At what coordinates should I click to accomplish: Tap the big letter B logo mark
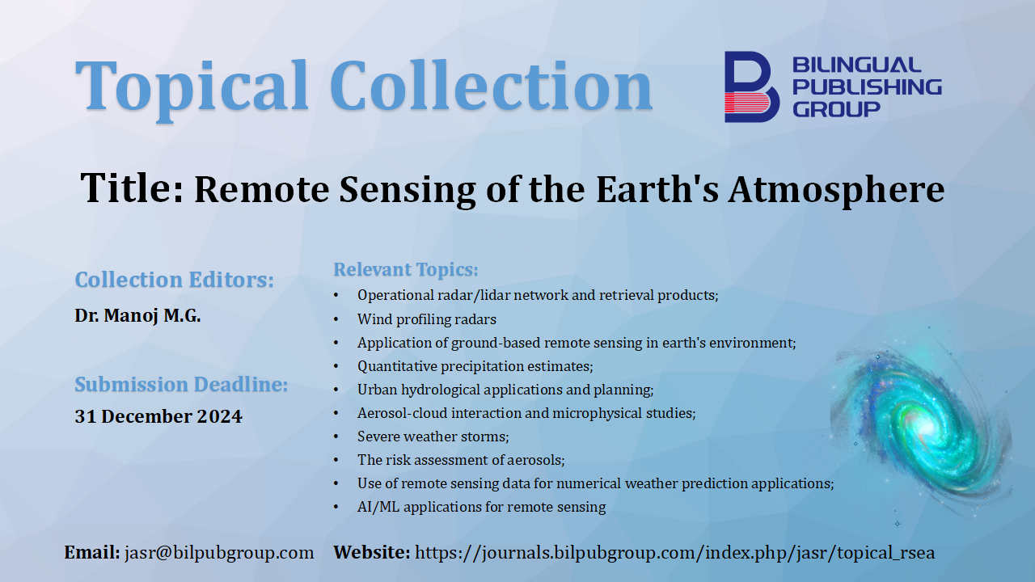[751, 86]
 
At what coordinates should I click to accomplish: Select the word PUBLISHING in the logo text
[868, 86]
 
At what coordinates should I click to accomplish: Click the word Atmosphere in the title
[836, 189]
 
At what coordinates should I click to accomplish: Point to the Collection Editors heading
[175, 280]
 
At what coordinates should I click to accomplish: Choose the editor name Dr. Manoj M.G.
[137, 315]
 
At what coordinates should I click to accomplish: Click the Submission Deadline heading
[181, 384]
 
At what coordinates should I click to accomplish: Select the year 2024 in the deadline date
[219, 416]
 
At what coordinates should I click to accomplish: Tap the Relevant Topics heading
[406, 269]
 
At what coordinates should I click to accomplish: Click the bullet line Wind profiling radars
[426, 319]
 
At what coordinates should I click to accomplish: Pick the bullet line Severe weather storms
[433, 436]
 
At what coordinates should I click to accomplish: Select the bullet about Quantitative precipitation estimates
[475, 366]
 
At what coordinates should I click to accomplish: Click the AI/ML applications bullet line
[481, 507]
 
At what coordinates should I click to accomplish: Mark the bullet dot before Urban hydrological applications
[336, 390]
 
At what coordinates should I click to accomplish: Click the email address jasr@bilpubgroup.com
[219, 553]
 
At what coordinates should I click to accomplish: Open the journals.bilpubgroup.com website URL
[674, 553]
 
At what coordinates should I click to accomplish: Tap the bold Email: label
[92, 552]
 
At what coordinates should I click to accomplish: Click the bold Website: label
[372, 552]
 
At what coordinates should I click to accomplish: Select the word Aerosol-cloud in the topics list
[402, 413]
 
